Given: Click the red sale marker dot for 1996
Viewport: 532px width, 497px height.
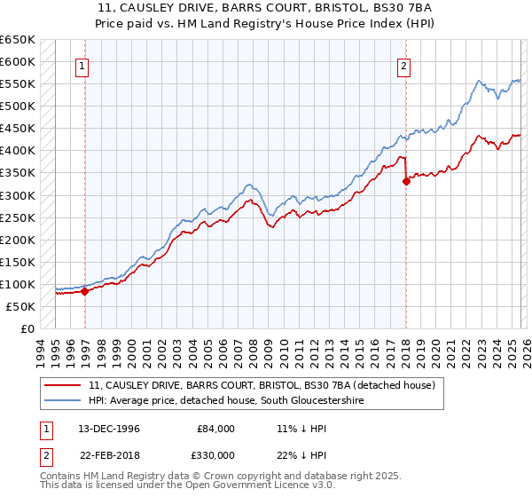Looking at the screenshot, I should (84, 291).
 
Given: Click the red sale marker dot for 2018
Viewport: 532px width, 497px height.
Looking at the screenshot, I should (405, 181).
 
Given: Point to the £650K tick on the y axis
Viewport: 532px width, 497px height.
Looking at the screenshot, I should (18, 40).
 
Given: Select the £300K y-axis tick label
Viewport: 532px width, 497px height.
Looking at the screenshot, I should (18, 195).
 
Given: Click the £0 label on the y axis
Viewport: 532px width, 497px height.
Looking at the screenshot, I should (27, 328).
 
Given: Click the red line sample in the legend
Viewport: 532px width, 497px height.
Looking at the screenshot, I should (62, 386).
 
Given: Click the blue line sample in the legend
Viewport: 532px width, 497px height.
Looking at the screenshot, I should (62, 401).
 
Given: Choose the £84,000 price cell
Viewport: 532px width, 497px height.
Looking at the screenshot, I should (216, 429).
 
